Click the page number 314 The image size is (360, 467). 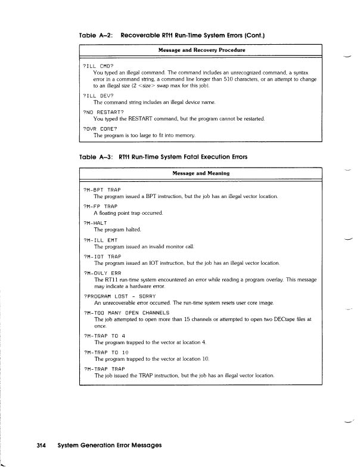point(41,445)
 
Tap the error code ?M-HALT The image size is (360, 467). point(97,221)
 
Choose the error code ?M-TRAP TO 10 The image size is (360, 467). point(107,352)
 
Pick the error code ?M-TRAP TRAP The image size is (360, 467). point(105,369)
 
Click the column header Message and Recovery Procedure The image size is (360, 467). point(202,50)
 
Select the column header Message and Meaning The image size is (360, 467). point(201,173)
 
